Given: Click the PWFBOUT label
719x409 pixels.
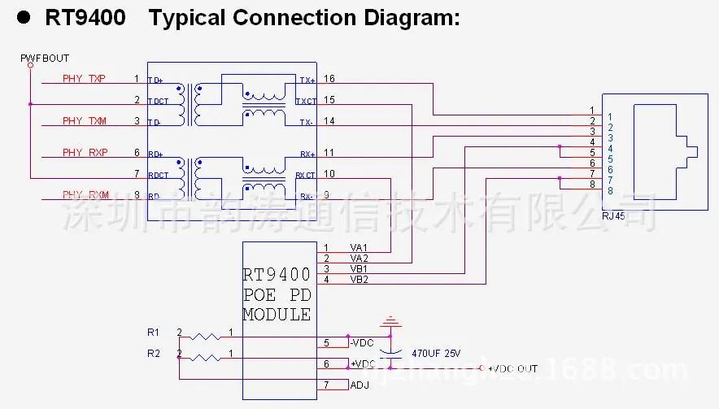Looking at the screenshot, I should pos(45,59).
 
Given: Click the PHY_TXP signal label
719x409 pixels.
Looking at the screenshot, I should pos(84,79).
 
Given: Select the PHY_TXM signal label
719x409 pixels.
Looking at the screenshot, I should pos(84,120).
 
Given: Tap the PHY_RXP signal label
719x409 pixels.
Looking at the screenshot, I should pos(84,153).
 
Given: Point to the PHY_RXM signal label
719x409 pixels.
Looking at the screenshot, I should pos(85,194).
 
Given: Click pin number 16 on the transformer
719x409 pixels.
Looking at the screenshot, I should pos(329,79).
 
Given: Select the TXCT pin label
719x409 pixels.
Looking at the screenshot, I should pos(306,101).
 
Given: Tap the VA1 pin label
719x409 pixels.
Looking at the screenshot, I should pos(359,248).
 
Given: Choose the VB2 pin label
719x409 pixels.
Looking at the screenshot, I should pos(359,280).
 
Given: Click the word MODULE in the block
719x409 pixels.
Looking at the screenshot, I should pos(277,314).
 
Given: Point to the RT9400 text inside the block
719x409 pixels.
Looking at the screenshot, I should pos(277,275).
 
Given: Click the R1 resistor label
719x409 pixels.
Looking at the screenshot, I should pos(154,332).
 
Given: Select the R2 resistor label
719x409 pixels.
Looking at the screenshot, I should pos(154,353).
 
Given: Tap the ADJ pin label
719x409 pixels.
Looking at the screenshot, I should pos(359,385).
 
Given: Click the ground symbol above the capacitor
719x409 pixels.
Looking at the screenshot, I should pos(392,323).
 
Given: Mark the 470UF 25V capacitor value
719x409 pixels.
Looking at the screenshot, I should pos(436,353).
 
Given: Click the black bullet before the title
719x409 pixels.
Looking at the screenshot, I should pos(24,18).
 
